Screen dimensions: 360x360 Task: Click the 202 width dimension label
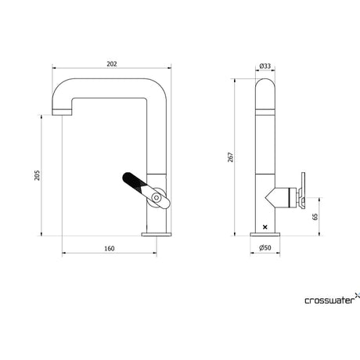[x=112, y=64]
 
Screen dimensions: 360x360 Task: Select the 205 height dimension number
[x=38, y=175]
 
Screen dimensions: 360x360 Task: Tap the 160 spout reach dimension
[x=110, y=248]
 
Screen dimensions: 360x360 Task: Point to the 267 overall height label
[x=231, y=157]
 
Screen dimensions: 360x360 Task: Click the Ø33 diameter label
[x=265, y=66]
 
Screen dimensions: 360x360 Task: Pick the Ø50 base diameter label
[x=265, y=247]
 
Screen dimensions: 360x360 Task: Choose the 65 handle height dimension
[x=315, y=217]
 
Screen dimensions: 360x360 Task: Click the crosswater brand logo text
[x=329, y=301]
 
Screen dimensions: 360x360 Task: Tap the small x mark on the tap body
[x=265, y=227]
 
